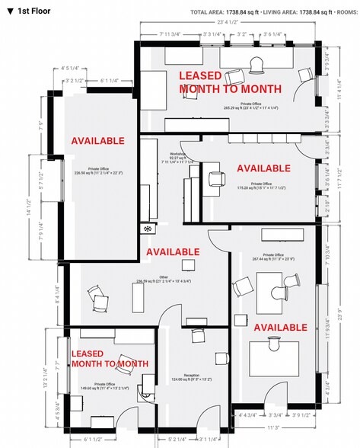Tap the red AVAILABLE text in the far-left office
(97, 142)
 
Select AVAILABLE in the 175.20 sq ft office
(263, 168)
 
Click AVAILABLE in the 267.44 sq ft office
(280, 328)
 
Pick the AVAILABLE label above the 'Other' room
(173, 251)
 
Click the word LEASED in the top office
(199, 76)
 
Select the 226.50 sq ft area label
(97, 173)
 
